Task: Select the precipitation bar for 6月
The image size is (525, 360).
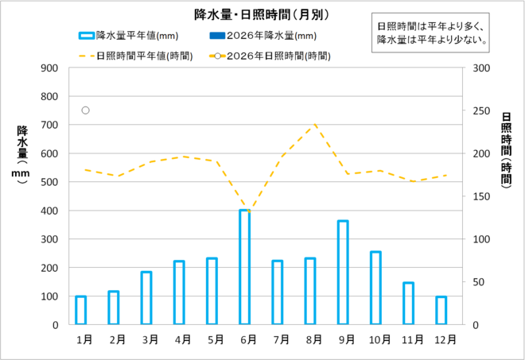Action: click(245, 267)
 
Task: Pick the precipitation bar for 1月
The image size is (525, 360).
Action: click(81, 310)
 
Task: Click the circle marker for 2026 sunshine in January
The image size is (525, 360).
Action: click(85, 110)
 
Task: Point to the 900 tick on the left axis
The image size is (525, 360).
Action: click(50, 68)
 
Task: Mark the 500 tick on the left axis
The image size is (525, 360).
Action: click(50, 182)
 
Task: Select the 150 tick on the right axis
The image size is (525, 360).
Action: click(480, 196)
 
